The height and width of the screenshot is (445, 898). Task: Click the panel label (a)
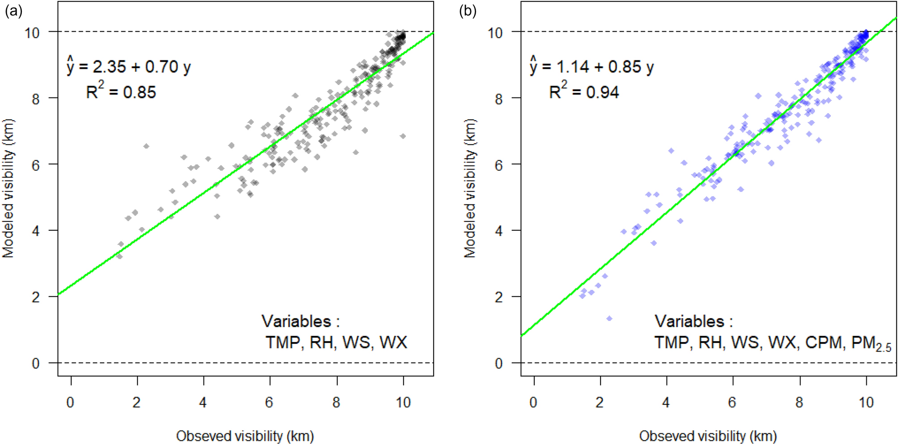pos(13,11)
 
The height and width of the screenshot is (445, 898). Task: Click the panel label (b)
pos(468,11)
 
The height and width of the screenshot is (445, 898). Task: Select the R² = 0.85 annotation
pos(121,92)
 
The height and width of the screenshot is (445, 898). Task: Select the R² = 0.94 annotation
pos(584,92)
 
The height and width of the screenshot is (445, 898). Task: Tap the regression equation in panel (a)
pos(129,67)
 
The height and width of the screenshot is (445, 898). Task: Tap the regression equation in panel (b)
pos(592,67)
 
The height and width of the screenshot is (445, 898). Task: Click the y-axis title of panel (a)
pos(8,188)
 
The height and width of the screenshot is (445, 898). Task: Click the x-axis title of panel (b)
pos(708,436)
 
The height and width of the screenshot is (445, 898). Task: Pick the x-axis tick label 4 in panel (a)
pos(203,403)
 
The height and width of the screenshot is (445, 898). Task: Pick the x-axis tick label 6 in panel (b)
pos(732,403)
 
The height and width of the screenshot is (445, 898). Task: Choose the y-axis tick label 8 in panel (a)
pos(36,98)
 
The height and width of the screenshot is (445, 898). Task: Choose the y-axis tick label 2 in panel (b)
pos(499,297)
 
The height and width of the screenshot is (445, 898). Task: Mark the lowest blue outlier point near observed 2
pos(609,318)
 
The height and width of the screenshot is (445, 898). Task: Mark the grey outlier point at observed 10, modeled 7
pos(403,136)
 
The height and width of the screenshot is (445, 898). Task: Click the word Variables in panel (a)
pos(296,321)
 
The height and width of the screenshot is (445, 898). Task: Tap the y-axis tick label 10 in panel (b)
pos(495,33)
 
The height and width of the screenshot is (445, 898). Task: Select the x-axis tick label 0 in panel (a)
pos(70,403)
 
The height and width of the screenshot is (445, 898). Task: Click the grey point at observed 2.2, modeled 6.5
pos(146,146)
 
